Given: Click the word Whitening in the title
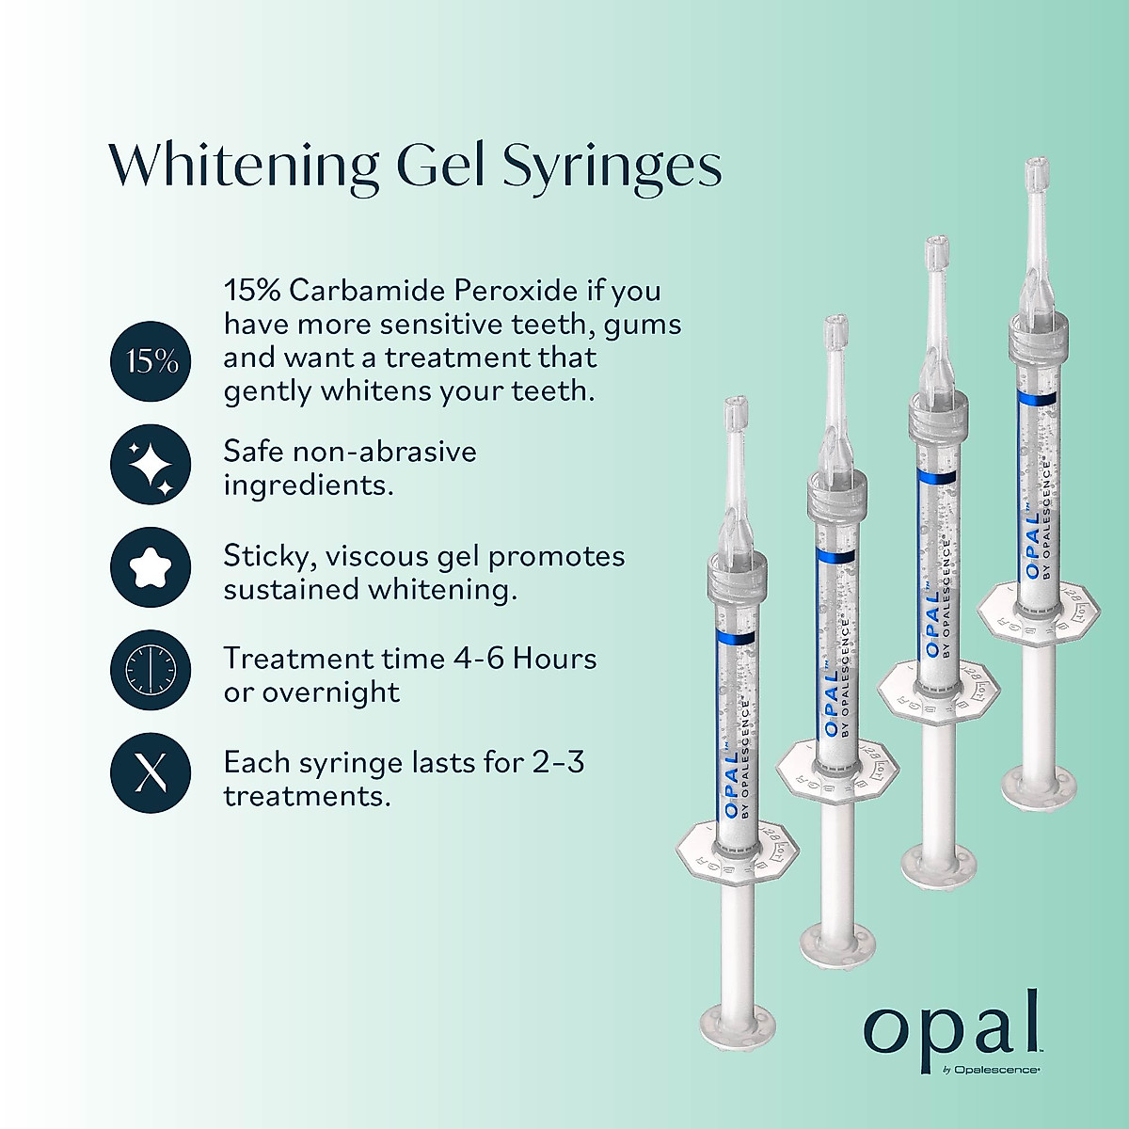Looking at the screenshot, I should click(x=243, y=167).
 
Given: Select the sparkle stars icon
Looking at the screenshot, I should click(x=151, y=465).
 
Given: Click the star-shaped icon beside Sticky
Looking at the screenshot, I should click(x=151, y=567).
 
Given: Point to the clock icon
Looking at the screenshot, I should click(x=151, y=670).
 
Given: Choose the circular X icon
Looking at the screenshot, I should click(x=151, y=772).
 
